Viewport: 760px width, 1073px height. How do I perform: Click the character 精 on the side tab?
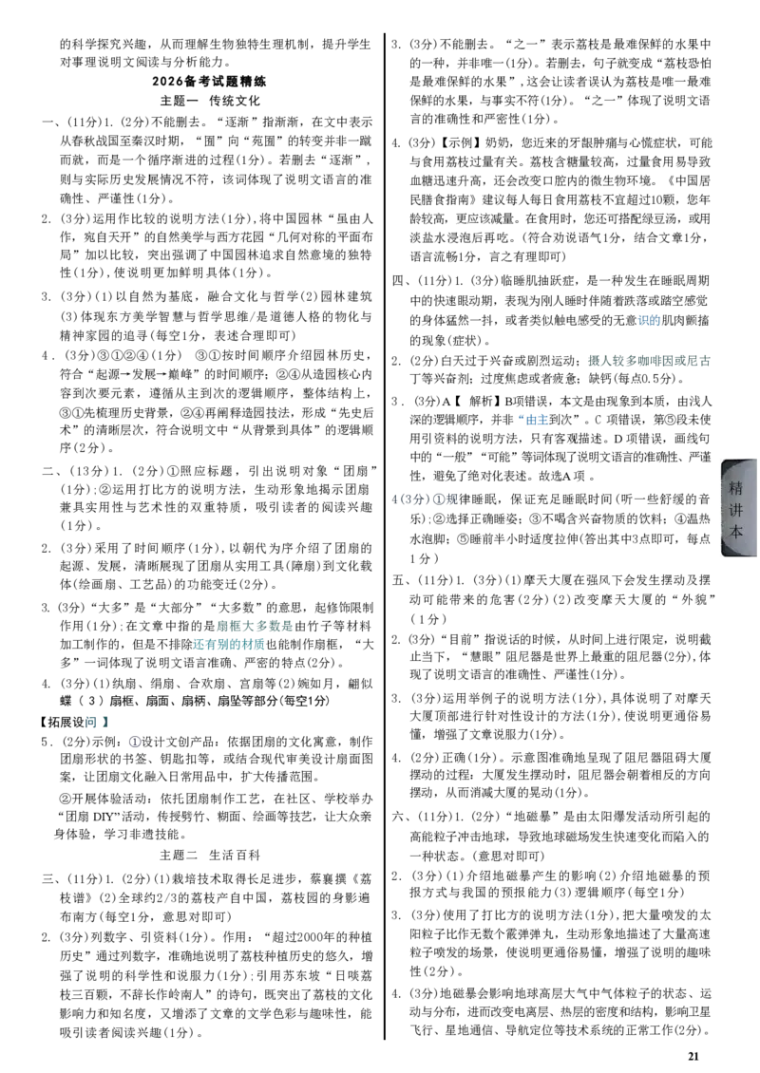(x=736, y=488)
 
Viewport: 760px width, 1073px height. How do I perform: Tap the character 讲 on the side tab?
(x=736, y=510)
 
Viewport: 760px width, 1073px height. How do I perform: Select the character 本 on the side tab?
(x=736, y=532)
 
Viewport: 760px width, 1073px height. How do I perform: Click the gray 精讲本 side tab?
(x=738, y=509)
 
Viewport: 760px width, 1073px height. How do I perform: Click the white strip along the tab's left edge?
(x=716, y=509)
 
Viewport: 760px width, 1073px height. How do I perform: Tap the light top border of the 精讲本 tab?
(x=738, y=457)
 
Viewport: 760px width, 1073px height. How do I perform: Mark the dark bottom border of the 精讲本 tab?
(x=740, y=559)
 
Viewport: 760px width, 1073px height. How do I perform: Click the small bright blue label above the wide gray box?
(x=649, y=320)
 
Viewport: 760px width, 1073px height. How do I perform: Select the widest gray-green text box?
(x=649, y=361)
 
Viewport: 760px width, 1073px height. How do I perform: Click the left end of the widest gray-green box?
(x=589, y=361)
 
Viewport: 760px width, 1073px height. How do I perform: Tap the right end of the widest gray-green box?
(x=709, y=361)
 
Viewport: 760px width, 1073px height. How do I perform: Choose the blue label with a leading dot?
(x=535, y=419)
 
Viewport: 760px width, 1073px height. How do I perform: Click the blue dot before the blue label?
(x=520, y=416)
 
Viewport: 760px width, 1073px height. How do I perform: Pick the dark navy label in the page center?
(x=425, y=499)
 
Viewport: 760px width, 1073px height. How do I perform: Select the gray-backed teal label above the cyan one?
(x=255, y=626)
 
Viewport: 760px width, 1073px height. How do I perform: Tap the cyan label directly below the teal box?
(x=229, y=645)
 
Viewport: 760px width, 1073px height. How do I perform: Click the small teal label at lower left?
(x=98, y=723)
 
